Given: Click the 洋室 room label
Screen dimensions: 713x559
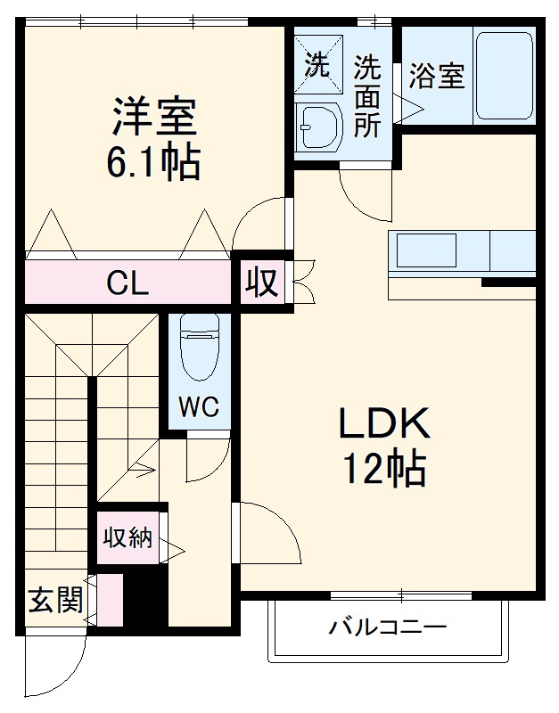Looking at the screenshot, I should [154, 116].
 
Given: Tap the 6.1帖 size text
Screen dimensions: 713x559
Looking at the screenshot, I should [154, 162].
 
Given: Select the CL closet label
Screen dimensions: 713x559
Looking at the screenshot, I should [127, 284].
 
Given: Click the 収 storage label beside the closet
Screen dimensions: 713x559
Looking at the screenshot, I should [263, 283].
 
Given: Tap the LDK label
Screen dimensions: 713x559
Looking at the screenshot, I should [384, 424].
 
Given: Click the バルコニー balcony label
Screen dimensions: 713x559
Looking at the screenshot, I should [387, 627].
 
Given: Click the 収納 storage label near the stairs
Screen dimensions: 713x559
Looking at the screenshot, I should [127, 537].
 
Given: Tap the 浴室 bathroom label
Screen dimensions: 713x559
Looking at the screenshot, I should [437, 77].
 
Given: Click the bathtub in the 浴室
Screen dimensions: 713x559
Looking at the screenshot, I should [504, 77].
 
